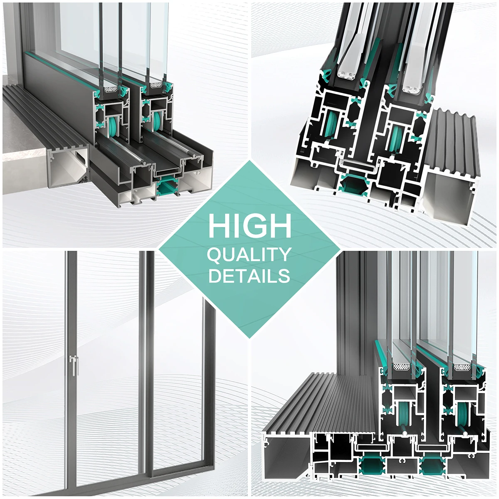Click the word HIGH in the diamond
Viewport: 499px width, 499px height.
click(x=249, y=226)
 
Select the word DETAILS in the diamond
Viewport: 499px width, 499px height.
click(x=249, y=276)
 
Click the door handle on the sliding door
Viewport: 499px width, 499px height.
click(x=74, y=365)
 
